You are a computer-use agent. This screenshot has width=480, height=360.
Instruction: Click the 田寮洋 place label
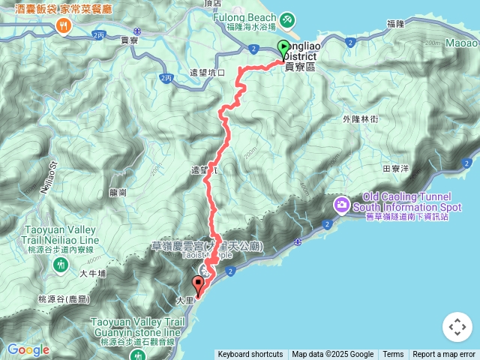[x=395, y=169]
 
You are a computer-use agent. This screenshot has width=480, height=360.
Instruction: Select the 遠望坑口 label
[x=208, y=73]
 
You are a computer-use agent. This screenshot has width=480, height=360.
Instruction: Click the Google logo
[x=28, y=349]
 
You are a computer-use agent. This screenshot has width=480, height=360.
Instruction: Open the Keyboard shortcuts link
[x=250, y=355]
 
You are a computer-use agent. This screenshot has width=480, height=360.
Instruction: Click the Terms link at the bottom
[x=393, y=355]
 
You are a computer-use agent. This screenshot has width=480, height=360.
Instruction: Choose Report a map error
[x=444, y=355]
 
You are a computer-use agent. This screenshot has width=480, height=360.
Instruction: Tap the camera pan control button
[x=457, y=327]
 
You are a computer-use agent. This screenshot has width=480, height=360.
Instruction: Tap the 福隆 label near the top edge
[x=396, y=24]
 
